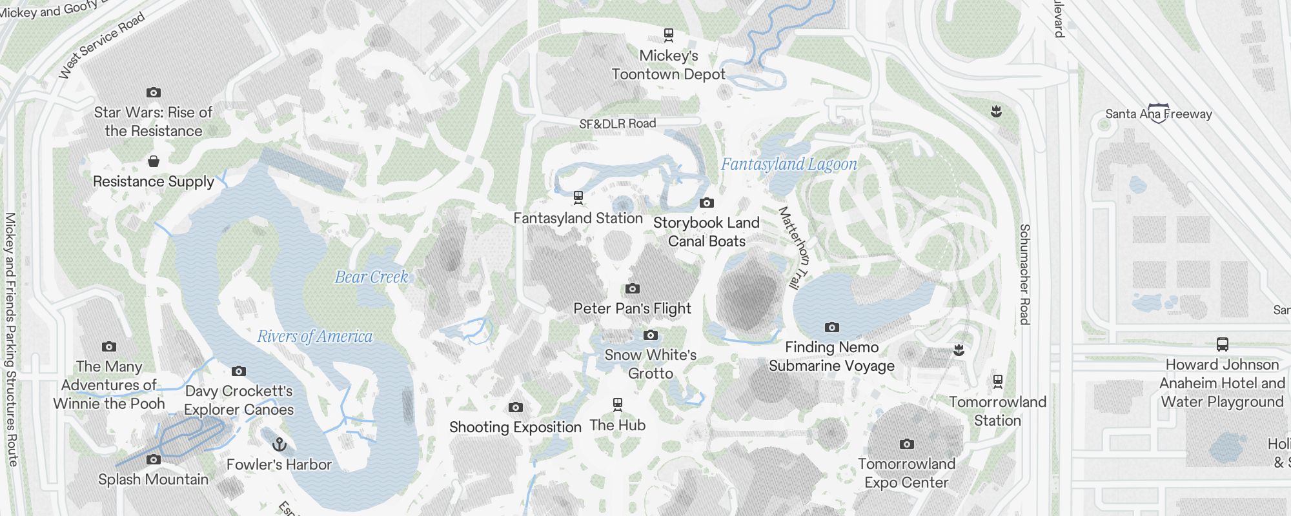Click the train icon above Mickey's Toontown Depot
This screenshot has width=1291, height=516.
point(669,34)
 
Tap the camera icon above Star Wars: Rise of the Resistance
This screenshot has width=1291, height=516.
point(153,92)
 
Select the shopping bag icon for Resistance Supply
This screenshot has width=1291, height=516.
point(153,161)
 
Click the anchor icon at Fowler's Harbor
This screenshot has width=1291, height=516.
point(279,444)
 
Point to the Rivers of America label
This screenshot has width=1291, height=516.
point(314,336)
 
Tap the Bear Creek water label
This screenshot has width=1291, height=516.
point(371,277)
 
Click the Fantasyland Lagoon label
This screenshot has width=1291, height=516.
point(789,164)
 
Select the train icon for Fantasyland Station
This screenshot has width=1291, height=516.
point(578,197)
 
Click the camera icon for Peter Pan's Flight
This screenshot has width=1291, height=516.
point(633,288)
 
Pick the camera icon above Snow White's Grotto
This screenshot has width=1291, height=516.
point(651,335)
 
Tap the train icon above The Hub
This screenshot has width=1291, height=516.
point(618,404)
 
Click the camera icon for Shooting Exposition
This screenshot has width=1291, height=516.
point(515,407)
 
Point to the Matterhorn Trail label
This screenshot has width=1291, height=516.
point(793,247)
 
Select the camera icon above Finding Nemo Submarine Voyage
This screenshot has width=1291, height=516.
point(832,327)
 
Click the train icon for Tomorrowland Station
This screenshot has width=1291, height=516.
point(998,381)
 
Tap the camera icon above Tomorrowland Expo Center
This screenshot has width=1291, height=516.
point(907,444)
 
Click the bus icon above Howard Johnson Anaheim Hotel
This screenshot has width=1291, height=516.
point(1222,344)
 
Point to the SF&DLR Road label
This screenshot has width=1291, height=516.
point(617,123)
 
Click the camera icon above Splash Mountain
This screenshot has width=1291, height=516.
point(153,459)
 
